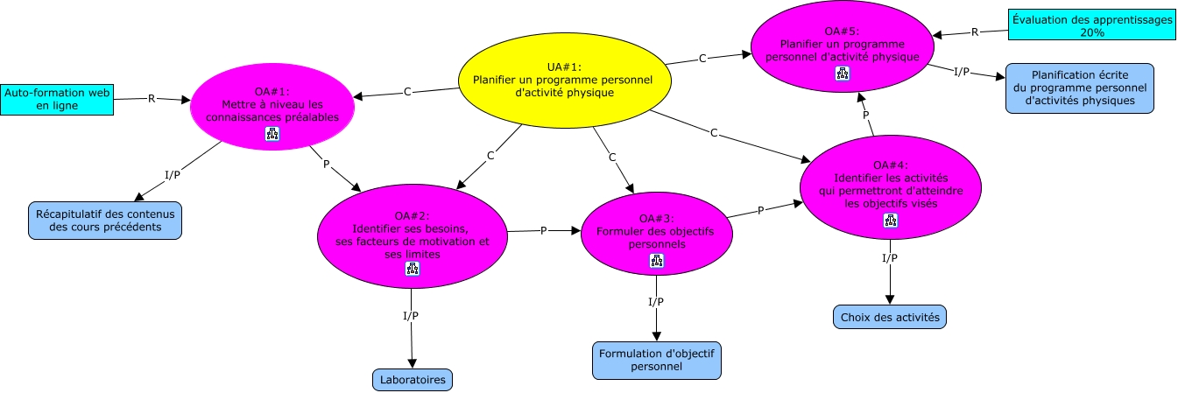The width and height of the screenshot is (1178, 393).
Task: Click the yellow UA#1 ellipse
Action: (x=565, y=81)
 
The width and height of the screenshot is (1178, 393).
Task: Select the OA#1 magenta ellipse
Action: (x=272, y=107)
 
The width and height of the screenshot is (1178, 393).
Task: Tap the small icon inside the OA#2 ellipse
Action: (x=413, y=269)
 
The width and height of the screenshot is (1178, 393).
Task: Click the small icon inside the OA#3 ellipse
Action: (x=656, y=261)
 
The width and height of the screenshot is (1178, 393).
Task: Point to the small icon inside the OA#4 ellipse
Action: (x=891, y=221)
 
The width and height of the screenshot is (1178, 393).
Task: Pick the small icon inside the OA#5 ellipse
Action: (x=843, y=74)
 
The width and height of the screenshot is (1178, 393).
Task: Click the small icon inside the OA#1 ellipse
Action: (x=272, y=134)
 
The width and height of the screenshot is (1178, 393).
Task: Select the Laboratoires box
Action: (x=413, y=380)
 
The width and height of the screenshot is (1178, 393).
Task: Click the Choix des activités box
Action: (x=890, y=318)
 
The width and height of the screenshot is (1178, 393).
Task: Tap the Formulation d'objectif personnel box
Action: (x=656, y=361)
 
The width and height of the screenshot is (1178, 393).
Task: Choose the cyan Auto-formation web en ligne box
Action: (x=57, y=99)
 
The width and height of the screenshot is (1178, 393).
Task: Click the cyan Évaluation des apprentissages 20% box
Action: (x=1092, y=25)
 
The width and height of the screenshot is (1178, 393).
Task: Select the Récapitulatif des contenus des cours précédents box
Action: (x=105, y=221)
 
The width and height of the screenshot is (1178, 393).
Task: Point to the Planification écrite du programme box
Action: (x=1080, y=88)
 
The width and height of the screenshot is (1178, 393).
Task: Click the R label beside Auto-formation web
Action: (x=152, y=98)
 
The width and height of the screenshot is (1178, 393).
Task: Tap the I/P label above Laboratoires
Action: (x=411, y=316)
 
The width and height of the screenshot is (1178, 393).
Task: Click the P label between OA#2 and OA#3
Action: (x=544, y=231)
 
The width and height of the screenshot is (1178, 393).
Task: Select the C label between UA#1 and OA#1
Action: (x=407, y=92)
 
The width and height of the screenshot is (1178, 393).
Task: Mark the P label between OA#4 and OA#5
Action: (x=865, y=115)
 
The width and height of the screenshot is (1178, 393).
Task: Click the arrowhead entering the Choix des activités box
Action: (x=890, y=299)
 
